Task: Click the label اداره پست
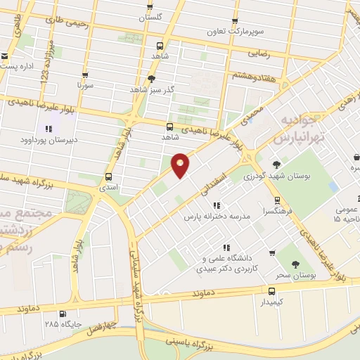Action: coord(18,65)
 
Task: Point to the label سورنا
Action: coord(85,84)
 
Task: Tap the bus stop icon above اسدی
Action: coord(108,176)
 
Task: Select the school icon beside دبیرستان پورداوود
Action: coord(49,129)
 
